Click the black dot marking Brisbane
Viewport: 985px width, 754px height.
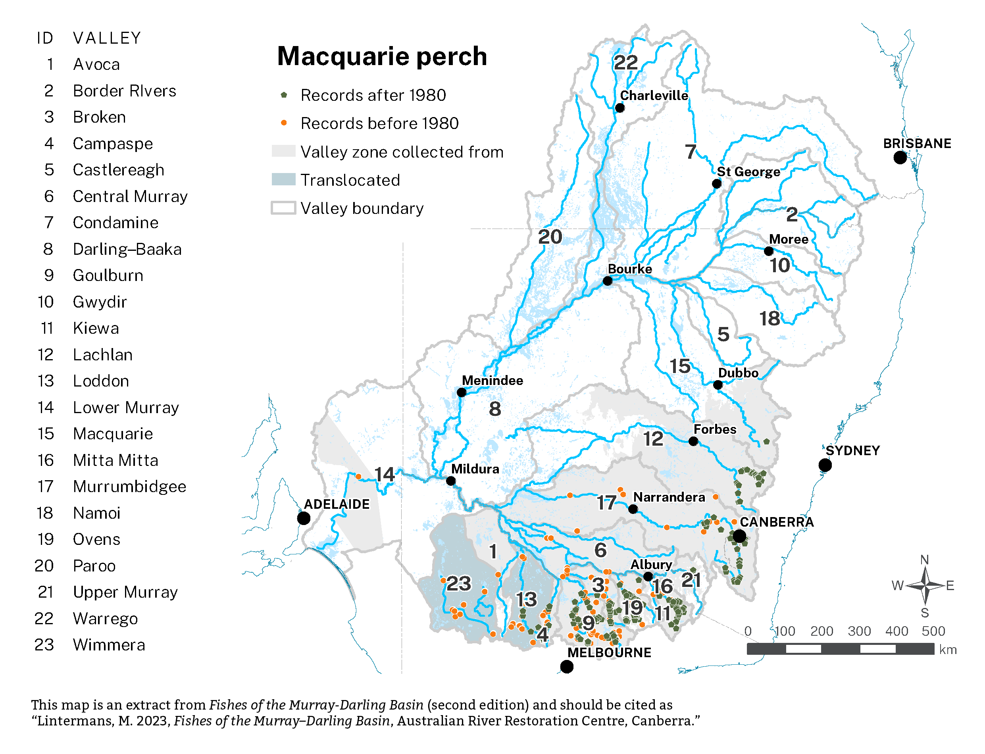[x=899, y=158]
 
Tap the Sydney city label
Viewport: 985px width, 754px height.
[x=852, y=450]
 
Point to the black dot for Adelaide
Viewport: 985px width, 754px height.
[x=304, y=518]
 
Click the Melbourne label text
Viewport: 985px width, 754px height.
[x=609, y=652]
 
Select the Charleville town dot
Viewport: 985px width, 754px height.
[x=620, y=108]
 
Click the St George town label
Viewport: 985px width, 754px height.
[x=748, y=171]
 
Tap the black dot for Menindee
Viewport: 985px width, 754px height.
[x=461, y=392]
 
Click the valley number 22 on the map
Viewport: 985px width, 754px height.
[x=625, y=62]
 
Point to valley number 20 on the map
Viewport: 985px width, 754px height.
[x=550, y=237]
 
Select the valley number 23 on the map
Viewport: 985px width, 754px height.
[x=459, y=583]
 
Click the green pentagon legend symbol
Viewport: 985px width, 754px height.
[x=284, y=95]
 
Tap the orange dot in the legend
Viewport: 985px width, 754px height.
[x=284, y=123]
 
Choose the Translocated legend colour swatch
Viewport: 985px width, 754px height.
[x=284, y=179]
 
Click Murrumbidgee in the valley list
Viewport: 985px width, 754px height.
[x=129, y=487]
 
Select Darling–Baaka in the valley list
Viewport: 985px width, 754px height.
[x=127, y=249]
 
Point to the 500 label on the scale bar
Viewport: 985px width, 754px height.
[x=933, y=631]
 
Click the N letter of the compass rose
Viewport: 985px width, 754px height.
[x=924, y=560]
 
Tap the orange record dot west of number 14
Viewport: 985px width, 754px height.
[x=358, y=477]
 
